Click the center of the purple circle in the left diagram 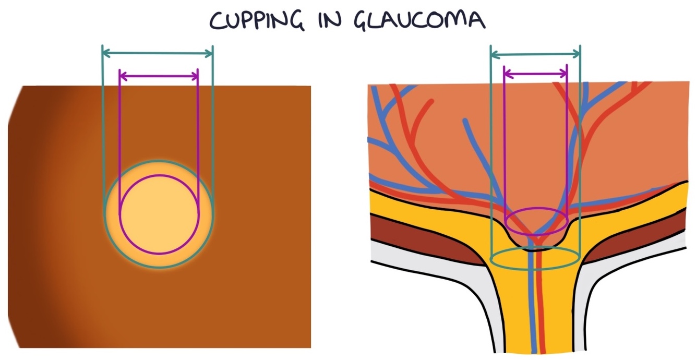pyautogui.click(x=159, y=214)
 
